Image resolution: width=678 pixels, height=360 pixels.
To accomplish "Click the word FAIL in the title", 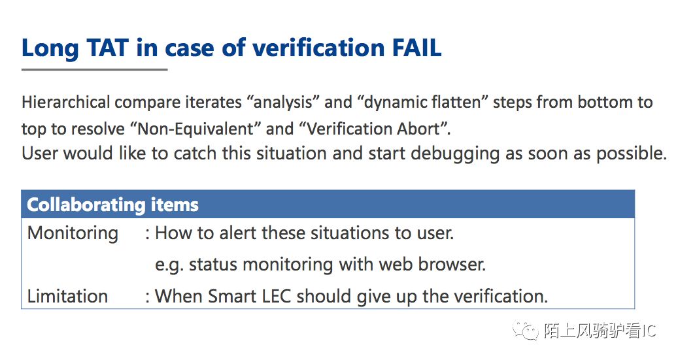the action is click(x=417, y=48).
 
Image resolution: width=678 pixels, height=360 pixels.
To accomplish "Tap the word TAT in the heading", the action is click(x=108, y=48).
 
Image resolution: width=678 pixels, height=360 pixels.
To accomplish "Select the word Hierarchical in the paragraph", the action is click(x=66, y=103).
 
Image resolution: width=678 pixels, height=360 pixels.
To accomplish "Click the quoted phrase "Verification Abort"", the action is click(x=375, y=129).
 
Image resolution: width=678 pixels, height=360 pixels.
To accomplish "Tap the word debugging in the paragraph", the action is click(x=455, y=154).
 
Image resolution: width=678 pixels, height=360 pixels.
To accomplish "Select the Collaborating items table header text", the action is click(x=112, y=205).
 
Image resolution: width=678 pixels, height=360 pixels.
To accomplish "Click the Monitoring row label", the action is click(x=73, y=234).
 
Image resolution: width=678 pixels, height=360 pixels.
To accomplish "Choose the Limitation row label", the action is click(x=67, y=297).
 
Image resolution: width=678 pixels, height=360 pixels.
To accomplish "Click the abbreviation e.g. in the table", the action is click(x=169, y=265).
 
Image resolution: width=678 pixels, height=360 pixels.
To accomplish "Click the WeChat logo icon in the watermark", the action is click(x=525, y=331).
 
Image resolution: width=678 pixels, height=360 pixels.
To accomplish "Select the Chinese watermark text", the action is click(x=600, y=331).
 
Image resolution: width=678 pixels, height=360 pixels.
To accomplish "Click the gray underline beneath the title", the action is click(x=94, y=69).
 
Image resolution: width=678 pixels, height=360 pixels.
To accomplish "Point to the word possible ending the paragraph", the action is click(x=632, y=154).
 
